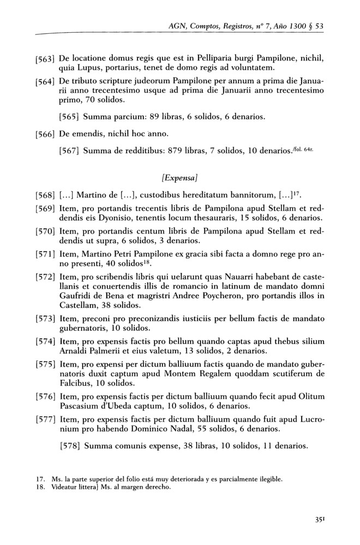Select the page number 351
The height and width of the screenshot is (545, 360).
(321, 520)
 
